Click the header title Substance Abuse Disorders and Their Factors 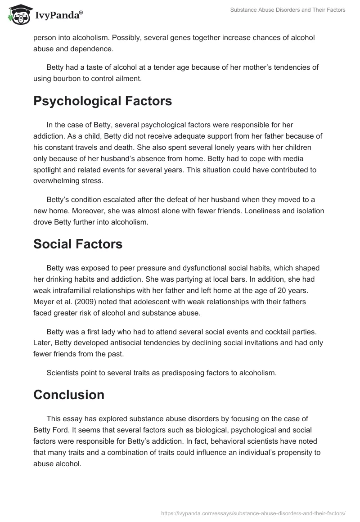point(288,10)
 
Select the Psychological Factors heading point(103,101)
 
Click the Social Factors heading point(78,244)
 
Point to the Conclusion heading point(69,395)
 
